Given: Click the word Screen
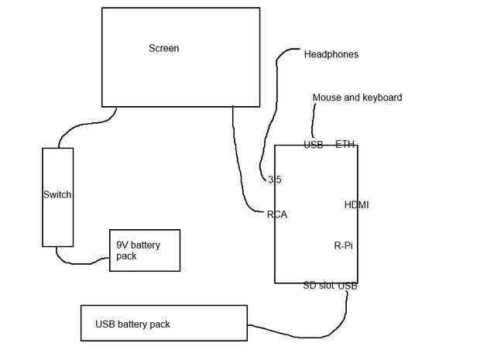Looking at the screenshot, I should (163, 49).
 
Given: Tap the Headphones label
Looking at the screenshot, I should (331, 55).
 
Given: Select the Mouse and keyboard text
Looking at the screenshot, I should (357, 98).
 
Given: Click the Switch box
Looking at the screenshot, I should (57, 197).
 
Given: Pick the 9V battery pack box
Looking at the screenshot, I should (145, 250).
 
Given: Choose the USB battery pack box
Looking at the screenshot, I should (163, 323).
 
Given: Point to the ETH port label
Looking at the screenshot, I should (345, 145).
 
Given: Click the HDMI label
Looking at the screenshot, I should (356, 205).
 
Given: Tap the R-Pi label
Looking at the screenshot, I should (345, 245).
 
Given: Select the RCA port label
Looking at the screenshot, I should (276, 214).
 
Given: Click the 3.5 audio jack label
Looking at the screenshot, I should (274, 180).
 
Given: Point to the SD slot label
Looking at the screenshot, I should (318, 286).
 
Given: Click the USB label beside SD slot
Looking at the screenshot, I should (348, 286).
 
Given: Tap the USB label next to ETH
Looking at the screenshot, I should (314, 145).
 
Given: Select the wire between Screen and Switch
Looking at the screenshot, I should (85, 125).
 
